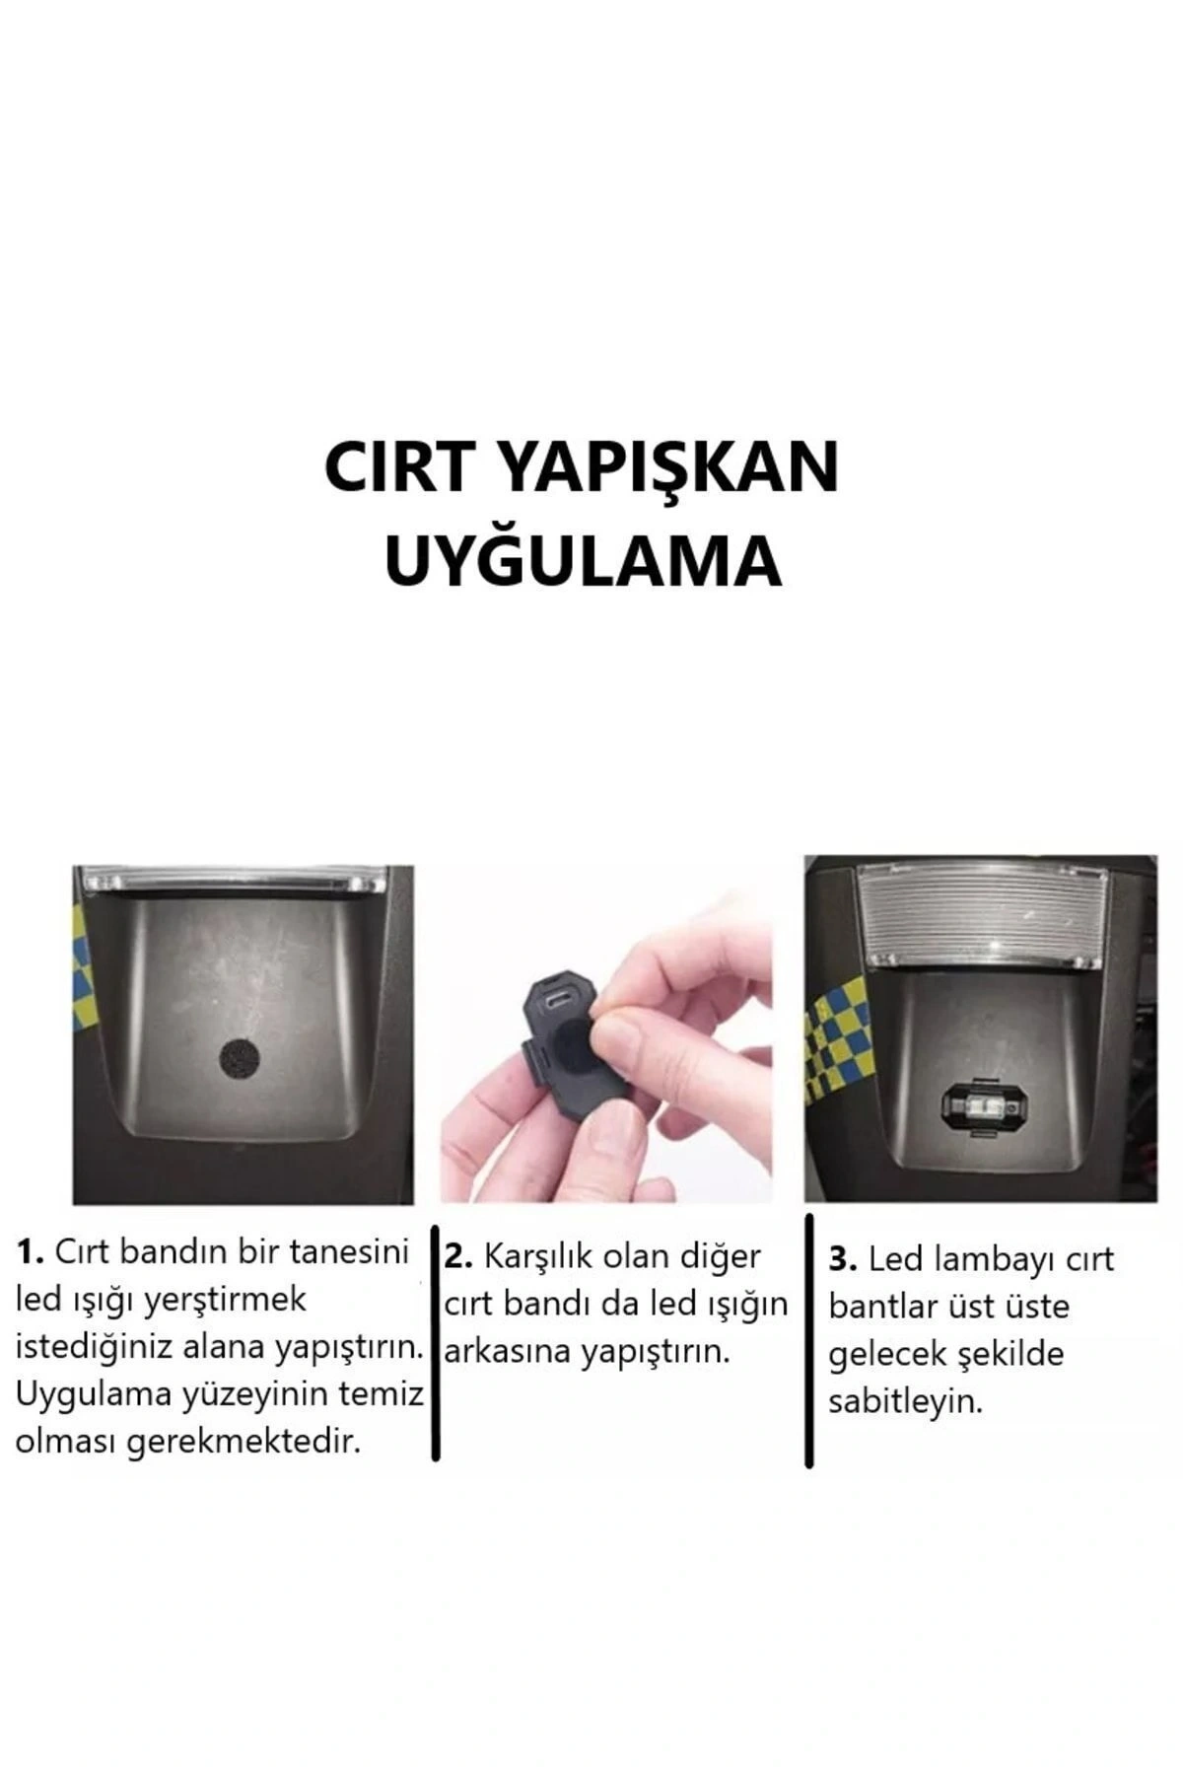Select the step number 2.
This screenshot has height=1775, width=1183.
[x=457, y=1257]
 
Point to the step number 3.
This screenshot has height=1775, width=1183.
[x=843, y=1260]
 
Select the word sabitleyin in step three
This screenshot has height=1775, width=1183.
[x=905, y=1402]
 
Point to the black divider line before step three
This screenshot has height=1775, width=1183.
[x=809, y=1341]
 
